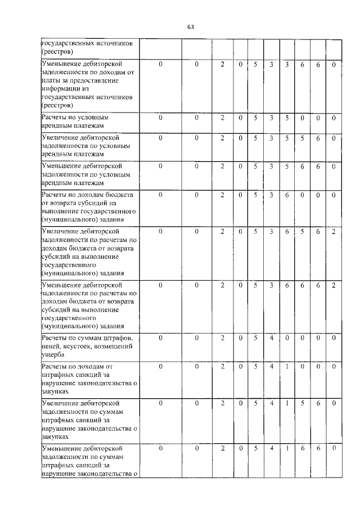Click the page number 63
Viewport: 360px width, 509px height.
click(x=190, y=26)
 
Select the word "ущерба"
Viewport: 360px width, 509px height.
click(x=52, y=355)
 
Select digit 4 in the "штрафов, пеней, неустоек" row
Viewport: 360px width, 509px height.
click(x=271, y=338)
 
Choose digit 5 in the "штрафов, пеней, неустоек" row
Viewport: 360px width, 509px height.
click(x=255, y=338)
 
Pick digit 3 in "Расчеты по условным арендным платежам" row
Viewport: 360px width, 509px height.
click(x=271, y=118)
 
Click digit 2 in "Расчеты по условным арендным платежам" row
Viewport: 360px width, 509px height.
click(x=222, y=118)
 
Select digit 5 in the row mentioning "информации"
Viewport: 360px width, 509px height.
click(x=255, y=65)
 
